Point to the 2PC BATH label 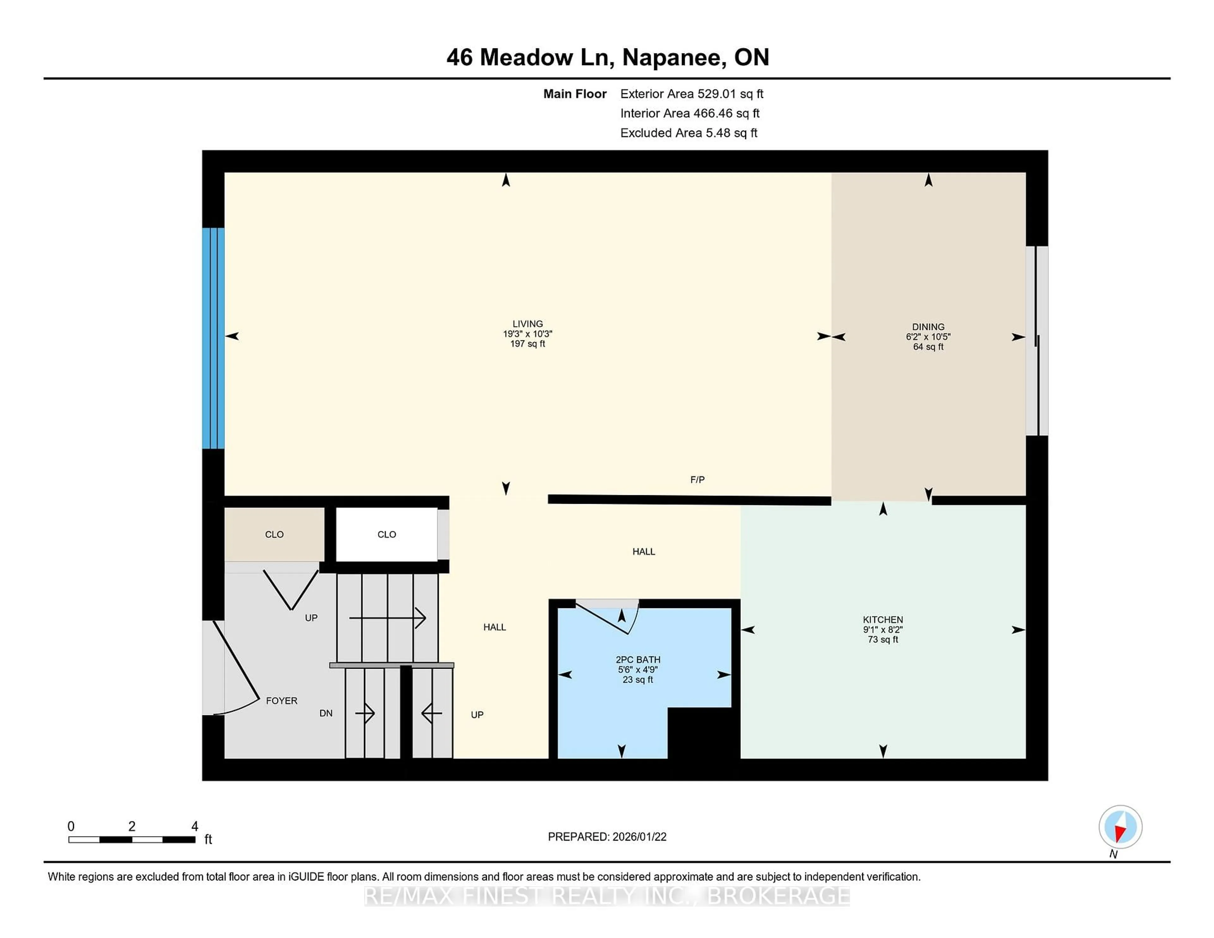point(638,660)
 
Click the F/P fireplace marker point(697,479)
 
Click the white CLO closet point(386,534)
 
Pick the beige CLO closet point(274,534)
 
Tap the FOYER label point(281,701)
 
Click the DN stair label point(326,713)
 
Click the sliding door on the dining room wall point(1037,341)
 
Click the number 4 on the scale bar point(194,826)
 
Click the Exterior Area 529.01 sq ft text point(691,94)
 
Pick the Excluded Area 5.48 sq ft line point(688,133)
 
